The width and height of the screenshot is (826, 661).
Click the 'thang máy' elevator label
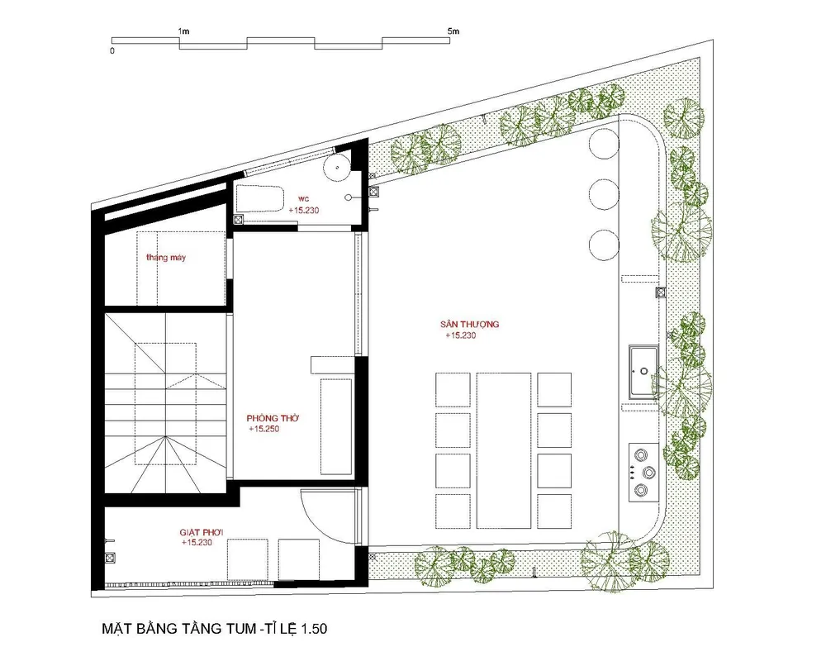pos(166,258)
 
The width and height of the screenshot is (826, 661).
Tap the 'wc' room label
pos(303,199)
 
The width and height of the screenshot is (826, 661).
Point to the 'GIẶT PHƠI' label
pos(202,532)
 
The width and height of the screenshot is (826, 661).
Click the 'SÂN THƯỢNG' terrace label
pos(469,324)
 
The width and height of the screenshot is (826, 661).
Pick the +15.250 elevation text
pos(264,429)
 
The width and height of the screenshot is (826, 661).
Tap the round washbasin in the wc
pos(337,168)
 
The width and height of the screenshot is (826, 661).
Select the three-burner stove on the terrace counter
pos(643,472)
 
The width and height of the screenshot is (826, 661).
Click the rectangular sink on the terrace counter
pos(643,372)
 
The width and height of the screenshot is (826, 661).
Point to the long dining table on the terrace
pos(504,450)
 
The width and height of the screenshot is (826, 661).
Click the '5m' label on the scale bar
pos(453,31)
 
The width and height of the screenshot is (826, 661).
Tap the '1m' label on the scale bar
pos(183,31)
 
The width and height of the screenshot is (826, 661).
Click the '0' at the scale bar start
pos(112,51)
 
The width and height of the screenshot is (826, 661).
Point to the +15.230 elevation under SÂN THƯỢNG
pos(460,335)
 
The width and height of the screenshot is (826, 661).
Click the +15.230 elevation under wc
pos(303,210)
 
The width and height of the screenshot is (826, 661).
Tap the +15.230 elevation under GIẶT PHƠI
pos(197,542)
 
